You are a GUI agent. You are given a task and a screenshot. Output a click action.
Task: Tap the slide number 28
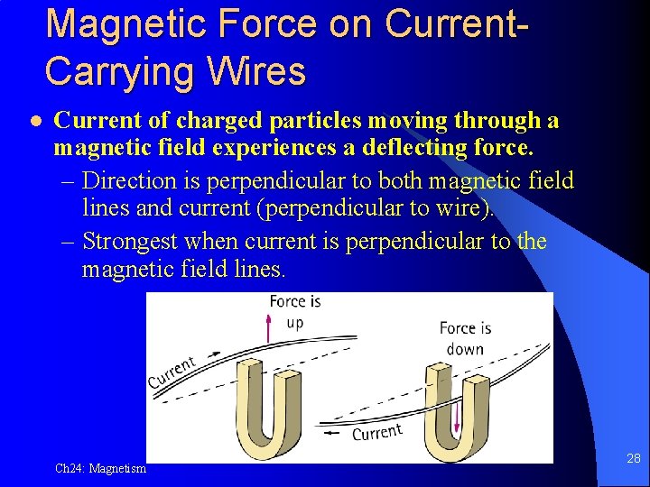633,459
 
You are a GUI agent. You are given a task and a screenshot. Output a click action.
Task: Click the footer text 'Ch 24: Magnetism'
100,468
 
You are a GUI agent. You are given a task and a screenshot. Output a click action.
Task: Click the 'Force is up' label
294,311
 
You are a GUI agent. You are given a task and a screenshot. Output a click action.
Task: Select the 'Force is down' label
465,338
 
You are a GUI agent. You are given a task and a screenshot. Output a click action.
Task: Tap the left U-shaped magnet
274,413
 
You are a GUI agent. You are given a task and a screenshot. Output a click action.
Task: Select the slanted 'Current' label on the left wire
172,372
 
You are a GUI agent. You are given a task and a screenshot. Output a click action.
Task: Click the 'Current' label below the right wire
376,433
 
